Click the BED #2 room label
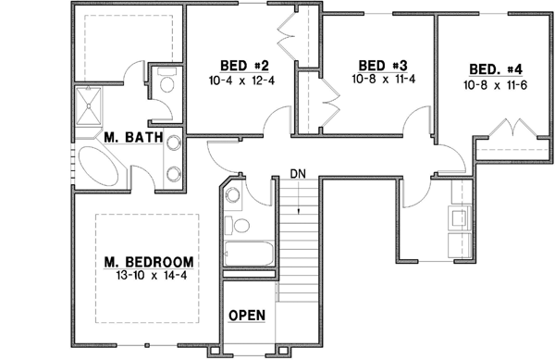[x=244, y=66]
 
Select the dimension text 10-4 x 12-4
[x=244, y=81]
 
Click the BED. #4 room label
[x=496, y=69]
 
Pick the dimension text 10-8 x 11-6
[x=496, y=84]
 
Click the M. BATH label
[x=134, y=139]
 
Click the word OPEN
[x=247, y=316]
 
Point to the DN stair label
[x=297, y=173]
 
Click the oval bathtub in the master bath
[x=98, y=169]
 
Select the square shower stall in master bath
[x=95, y=105]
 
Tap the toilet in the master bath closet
[x=167, y=86]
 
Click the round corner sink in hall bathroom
[x=233, y=195]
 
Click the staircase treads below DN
[x=298, y=231]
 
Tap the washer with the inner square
[x=458, y=218]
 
